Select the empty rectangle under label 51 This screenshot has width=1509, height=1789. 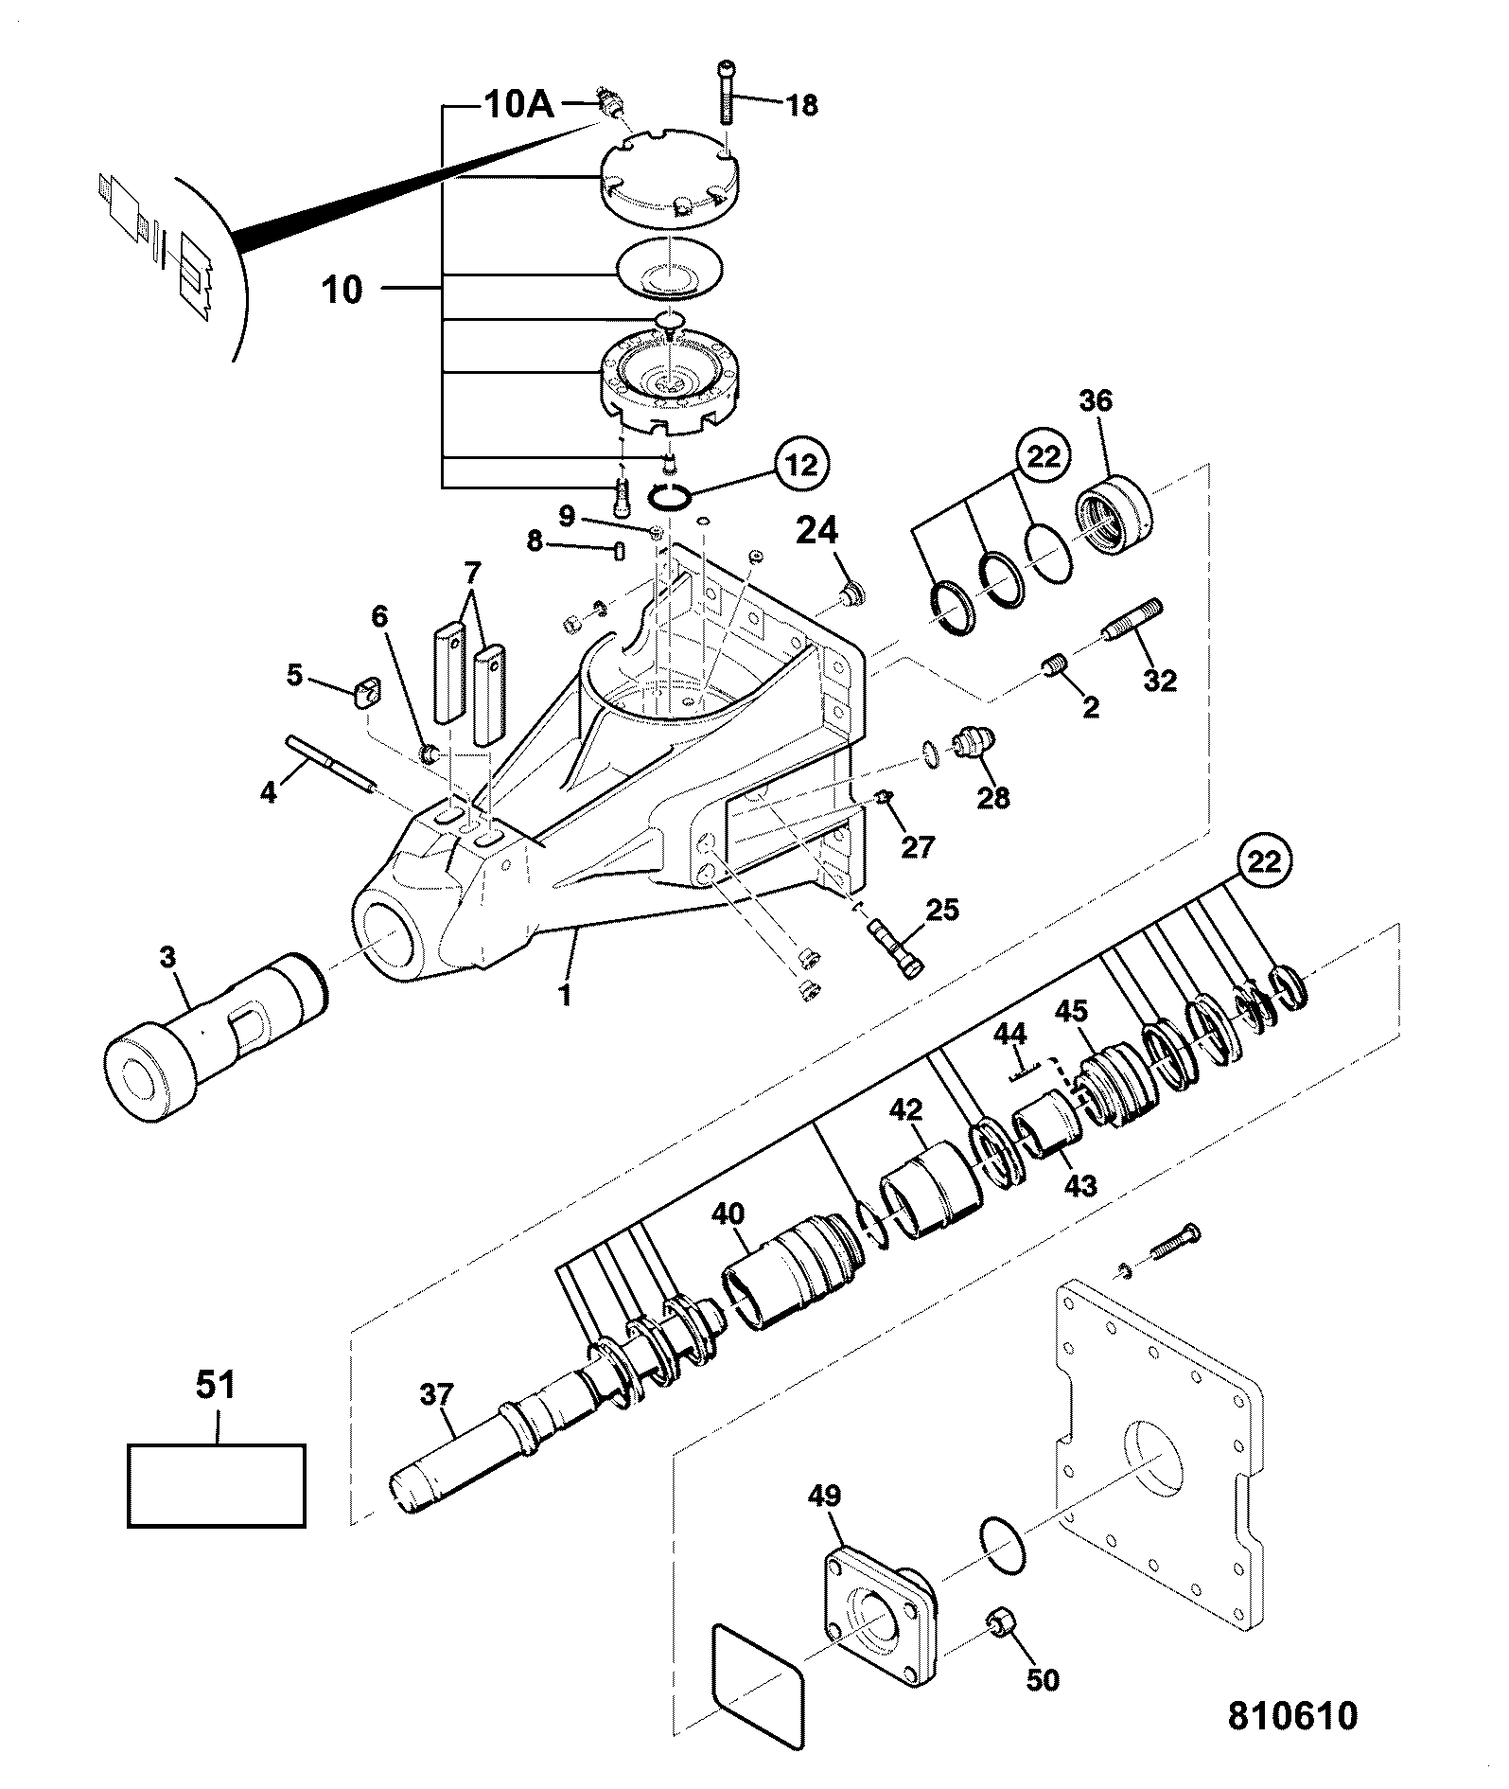pyautogui.click(x=216, y=1485)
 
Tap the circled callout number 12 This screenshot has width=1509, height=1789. pyautogui.click(x=799, y=464)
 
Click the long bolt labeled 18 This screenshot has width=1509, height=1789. pyautogui.click(x=727, y=92)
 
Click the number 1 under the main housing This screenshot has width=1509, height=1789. pyautogui.click(x=566, y=996)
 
